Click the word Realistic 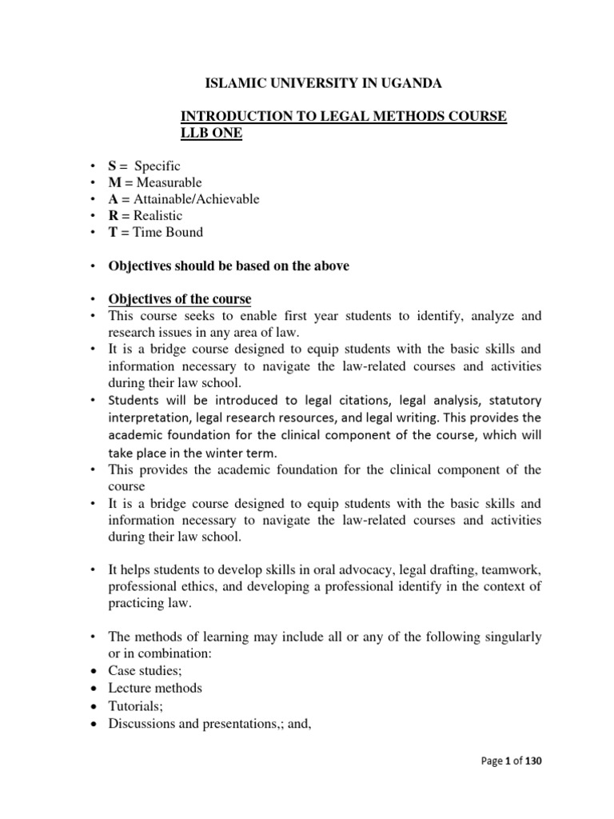pos(158,216)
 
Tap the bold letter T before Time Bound pos(114,233)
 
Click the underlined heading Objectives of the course pos(181,299)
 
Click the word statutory pos(512,399)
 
